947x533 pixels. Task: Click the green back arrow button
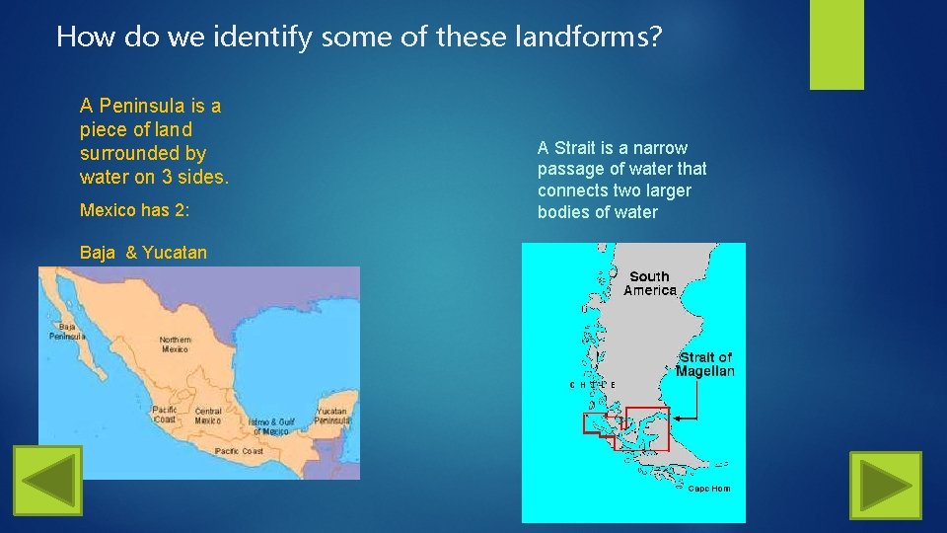coord(47,481)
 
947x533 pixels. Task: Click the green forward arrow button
coord(885,487)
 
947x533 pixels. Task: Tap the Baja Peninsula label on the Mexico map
coord(68,332)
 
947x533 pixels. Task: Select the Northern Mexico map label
coord(176,344)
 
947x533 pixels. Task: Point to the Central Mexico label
coord(208,416)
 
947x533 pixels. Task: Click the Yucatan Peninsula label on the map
coord(332,416)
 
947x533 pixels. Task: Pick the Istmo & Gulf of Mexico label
coord(273,426)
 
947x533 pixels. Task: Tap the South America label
coord(650,283)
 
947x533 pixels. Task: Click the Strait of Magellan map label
coord(705,364)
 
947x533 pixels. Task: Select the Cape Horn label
coord(709,489)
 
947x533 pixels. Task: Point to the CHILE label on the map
coord(593,384)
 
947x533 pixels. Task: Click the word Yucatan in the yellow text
coord(175,253)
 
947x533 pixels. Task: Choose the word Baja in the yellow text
coord(98,253)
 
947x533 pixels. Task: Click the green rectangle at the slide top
coord(837,43)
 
